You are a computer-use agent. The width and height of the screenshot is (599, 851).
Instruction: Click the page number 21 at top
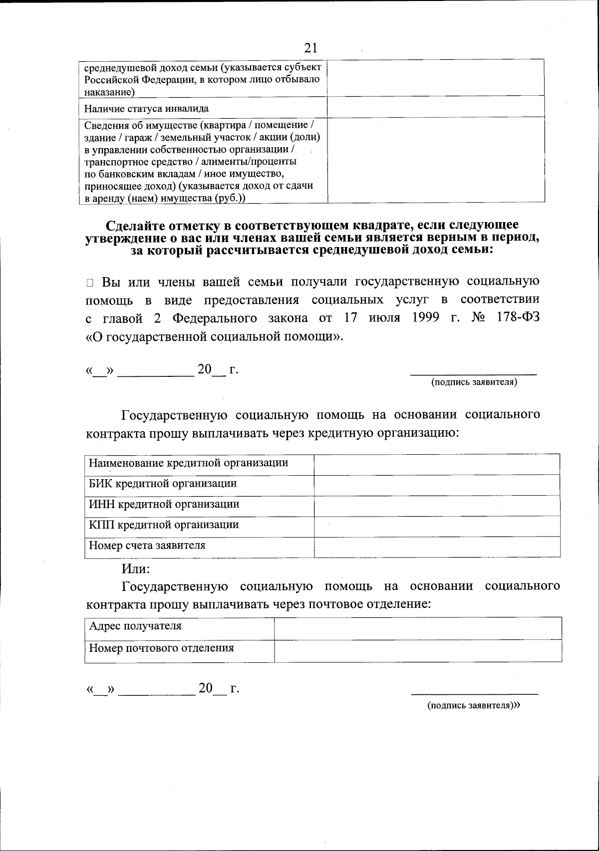tap(310, 48)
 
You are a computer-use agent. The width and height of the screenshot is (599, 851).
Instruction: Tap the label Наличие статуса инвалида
tap(146, 108)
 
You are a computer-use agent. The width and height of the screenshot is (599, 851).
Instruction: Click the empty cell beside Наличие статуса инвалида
tap(435, 107)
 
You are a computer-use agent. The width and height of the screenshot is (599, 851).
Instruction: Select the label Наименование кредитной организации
tap(188, 463)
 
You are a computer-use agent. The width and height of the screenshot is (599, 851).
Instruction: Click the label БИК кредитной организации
tap(163, 483)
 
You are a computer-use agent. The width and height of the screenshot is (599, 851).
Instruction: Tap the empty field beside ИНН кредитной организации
tap(436, 506)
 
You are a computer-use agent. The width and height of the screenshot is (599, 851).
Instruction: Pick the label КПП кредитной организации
tap(164, 525)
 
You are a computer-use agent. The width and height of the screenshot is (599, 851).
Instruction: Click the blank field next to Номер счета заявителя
tap(436, 547)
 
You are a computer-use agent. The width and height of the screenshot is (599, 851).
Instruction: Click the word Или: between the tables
tap(136, 569)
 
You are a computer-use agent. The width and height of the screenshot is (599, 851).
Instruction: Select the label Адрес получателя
tap(135, 626)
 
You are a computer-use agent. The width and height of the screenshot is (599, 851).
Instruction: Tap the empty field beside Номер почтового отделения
tap(418, 650)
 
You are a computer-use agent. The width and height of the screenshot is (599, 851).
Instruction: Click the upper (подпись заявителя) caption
tap(474, 382)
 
